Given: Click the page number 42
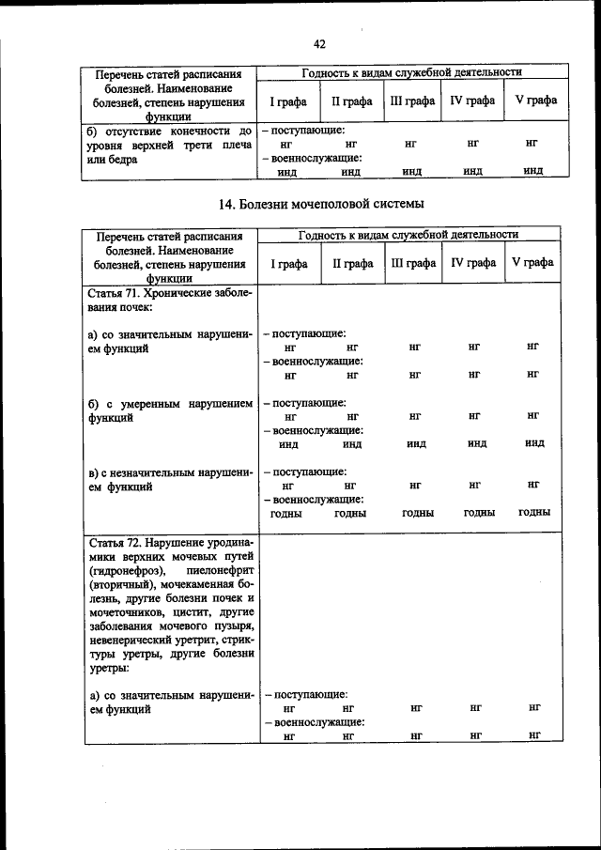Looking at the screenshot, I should pyautogui.click(x=318, y=44).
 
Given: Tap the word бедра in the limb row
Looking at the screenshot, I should pyautogui.click(x=121, y=159).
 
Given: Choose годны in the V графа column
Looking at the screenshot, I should pyautogui.click(x=532, y=513).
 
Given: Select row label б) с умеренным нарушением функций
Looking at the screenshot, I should pyautogui.click(x=169, y=411).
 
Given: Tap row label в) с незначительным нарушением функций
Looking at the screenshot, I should pyautogui.click(x=169, y=479).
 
